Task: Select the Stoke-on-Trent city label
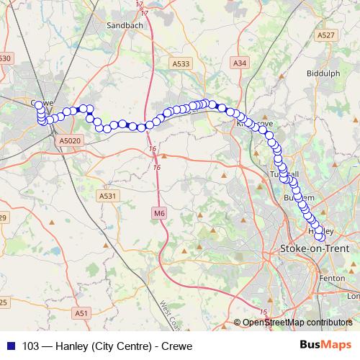314,249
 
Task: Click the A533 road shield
181,64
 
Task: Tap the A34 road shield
240,64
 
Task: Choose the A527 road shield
326,35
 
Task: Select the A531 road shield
107,195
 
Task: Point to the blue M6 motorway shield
158,213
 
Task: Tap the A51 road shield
81,312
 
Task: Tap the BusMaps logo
325,345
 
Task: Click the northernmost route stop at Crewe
39,104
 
